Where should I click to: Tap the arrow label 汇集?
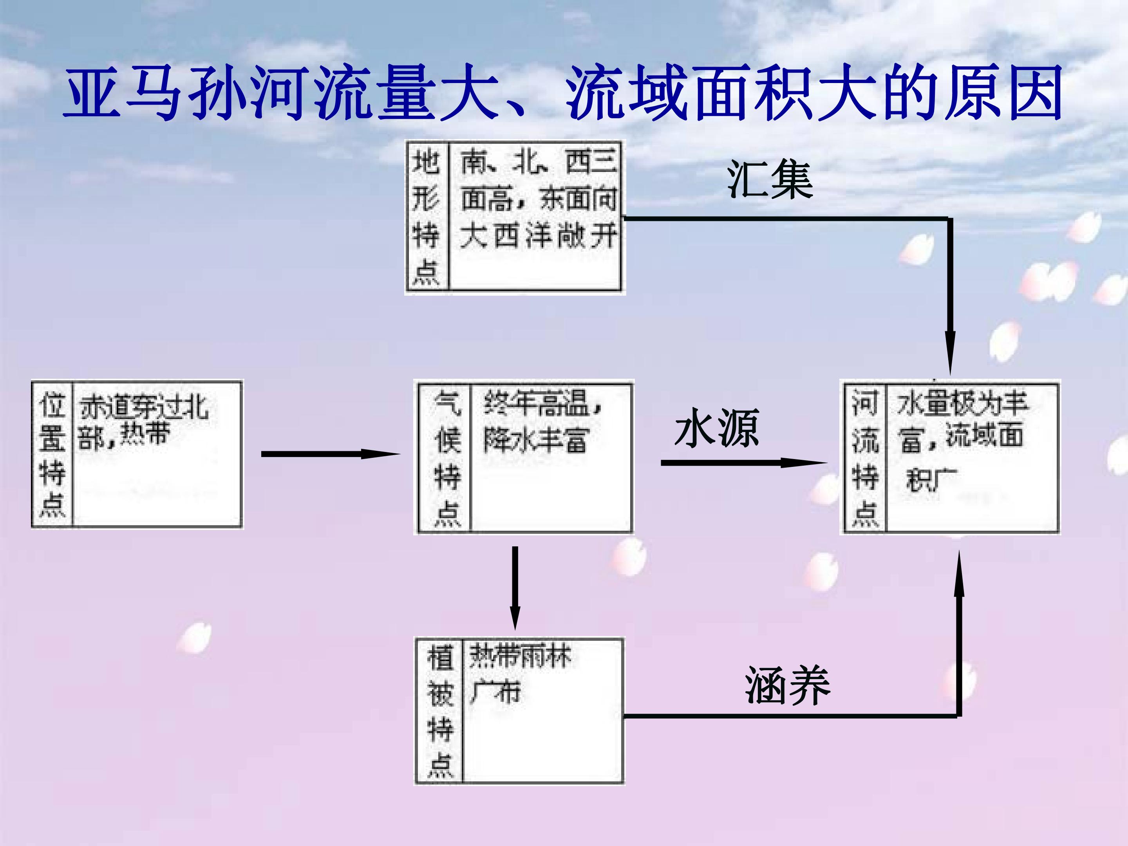click(770, 179)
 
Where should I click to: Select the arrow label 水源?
click(716, 428)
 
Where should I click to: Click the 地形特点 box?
click(515, 217)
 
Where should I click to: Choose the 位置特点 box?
click(137, 454)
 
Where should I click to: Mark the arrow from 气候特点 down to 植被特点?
click(515, 586)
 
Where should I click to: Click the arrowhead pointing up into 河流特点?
click(959, 574)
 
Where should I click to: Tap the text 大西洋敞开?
click(538, 236)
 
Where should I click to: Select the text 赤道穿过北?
click(144, 407)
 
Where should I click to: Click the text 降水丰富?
click(535, 439)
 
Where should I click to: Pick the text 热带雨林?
click(520, 656)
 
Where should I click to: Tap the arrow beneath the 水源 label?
click(742, 463)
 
